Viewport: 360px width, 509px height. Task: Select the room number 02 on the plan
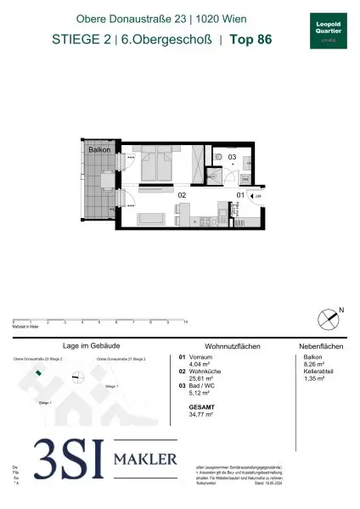(181, 195)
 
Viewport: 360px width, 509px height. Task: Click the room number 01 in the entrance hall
(240, 195)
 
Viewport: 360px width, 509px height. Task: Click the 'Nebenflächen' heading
(321, 347)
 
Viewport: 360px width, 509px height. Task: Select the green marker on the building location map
(39, 371)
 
